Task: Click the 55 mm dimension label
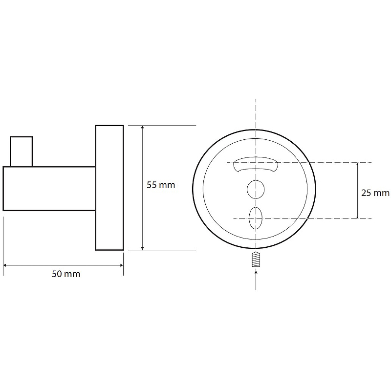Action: [161, 185]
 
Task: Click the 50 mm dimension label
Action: [66, 274]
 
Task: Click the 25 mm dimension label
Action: [375, 193]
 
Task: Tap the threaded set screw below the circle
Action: [256, 260]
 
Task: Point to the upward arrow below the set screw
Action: [256, 280]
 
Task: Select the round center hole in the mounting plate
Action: [256, 190]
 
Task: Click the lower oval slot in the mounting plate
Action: [256, 218]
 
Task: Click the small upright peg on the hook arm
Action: [22, 152]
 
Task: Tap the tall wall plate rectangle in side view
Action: [109, 188]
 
